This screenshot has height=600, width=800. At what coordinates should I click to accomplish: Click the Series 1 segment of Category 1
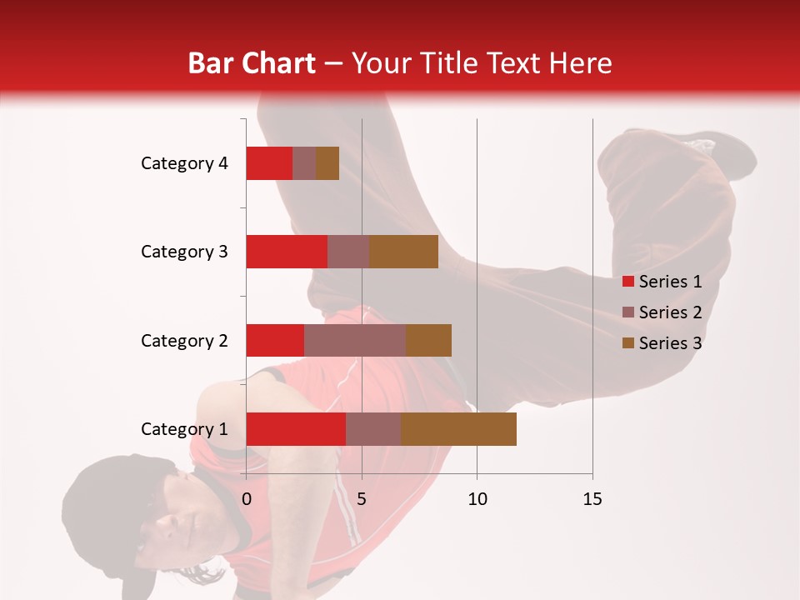pos(296,428)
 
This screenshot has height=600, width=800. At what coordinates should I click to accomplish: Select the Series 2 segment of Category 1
pos(373,428)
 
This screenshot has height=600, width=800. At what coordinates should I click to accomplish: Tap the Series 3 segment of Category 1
pos(458,428)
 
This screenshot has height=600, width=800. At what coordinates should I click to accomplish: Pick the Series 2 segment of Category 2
pos(355,340)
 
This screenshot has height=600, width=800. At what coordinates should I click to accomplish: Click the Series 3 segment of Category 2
pos(428,340)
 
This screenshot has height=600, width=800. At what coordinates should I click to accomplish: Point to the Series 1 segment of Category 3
pos(287,252)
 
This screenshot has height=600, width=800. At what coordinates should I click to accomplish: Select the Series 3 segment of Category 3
pos(403,252)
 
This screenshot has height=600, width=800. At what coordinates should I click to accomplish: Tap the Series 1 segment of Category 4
pos(269,163)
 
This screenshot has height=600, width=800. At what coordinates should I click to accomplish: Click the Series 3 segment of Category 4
pos(327,163)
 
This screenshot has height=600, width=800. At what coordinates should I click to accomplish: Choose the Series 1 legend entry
pos(662,282)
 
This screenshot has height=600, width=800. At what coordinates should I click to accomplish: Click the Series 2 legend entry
pos(662,312)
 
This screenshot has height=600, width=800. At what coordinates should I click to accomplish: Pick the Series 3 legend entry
pos(662,343)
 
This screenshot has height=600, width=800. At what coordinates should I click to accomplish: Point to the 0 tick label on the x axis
pos(247,499)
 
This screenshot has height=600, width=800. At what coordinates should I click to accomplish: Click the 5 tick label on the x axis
pos(362,499)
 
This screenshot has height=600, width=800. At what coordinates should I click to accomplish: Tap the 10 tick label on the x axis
pos(477,499)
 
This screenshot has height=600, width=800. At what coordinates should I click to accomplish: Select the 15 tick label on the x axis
pos(592,499)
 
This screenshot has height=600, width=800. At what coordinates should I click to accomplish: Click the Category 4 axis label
pos(184,163)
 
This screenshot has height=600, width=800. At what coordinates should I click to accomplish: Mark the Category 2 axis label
pos(184,340)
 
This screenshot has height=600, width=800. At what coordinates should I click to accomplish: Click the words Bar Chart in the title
pos(252,63)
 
